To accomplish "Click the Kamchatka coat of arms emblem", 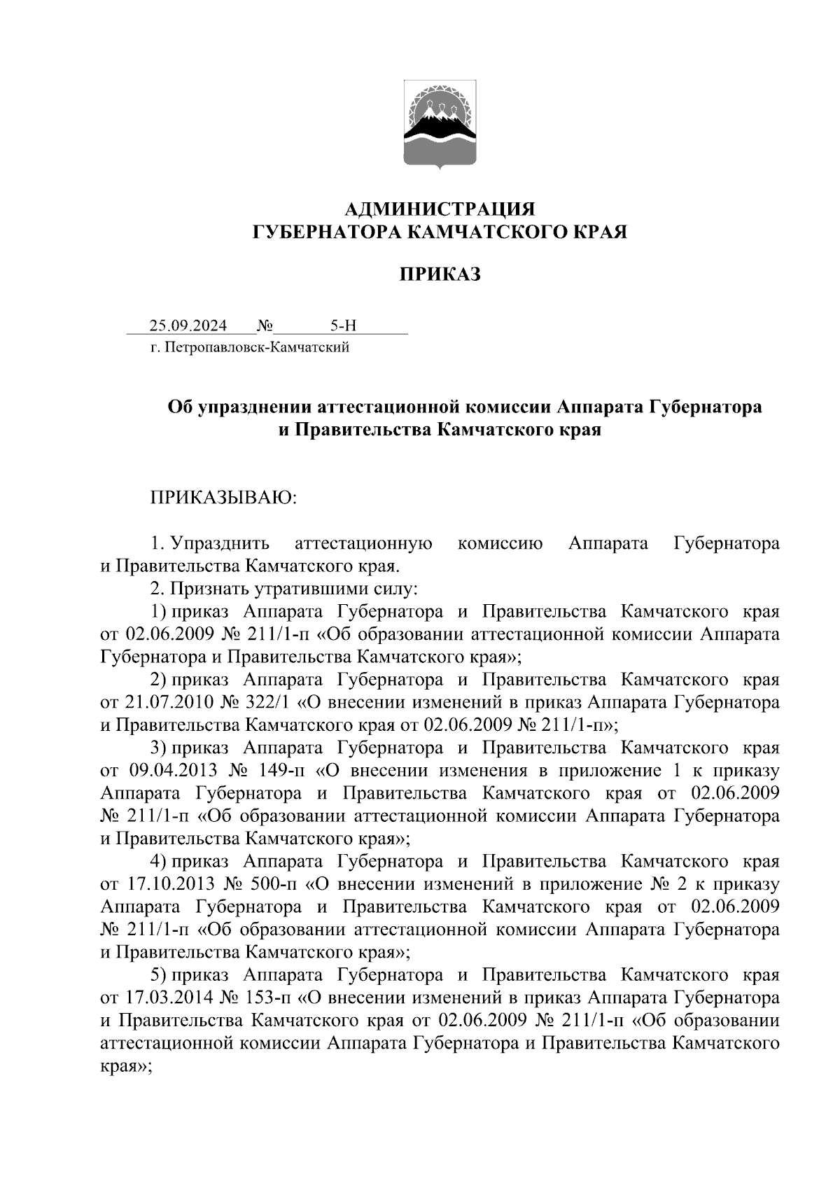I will tap(440, 124).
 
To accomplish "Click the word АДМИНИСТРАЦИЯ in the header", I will tap(440, 209).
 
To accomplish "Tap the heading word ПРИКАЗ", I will tap(440, 274).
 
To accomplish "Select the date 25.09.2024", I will tap(188, 326).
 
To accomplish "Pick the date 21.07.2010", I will tap(169, 702).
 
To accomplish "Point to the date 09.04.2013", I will tap(173, 771).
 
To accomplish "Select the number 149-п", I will tap(280, 771).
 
